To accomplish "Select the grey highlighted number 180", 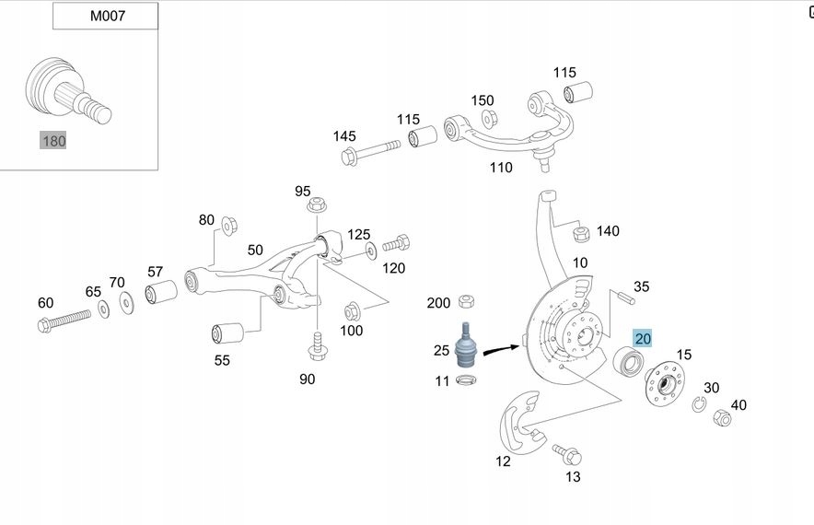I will click(x=52, y=140).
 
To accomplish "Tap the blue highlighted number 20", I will click(x=643, y=339).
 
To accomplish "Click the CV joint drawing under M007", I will click(x=67, y=90).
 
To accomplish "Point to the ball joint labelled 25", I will click(x=467, y=344).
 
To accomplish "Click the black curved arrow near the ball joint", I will click(x=501, y=349).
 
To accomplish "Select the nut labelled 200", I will click(x=466, y=301).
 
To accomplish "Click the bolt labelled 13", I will click(x=565, y=453).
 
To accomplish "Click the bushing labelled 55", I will click(x=226, y=331).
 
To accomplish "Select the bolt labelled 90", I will click(x=316, y=347).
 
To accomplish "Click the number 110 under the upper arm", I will click(x=501, y=168).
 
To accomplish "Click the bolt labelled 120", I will click(x=396, y=244).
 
